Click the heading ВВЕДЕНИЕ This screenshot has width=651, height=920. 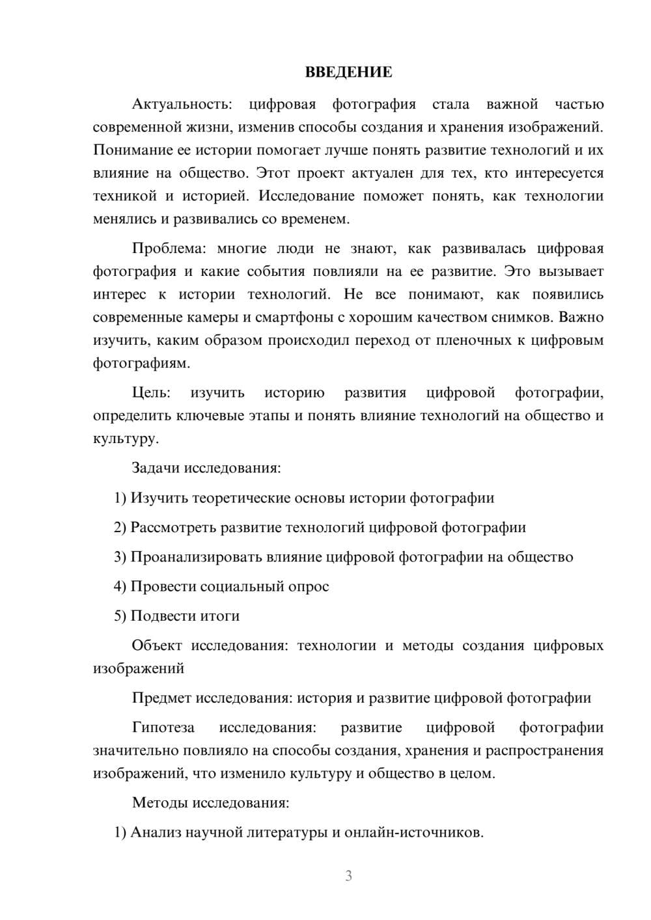(348, 72)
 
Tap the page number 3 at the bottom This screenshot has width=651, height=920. (348, 876)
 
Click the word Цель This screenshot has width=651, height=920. (151, 392)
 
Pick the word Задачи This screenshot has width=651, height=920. (156, 468)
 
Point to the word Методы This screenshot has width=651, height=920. (160, 802)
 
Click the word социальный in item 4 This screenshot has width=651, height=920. (242, 586)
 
